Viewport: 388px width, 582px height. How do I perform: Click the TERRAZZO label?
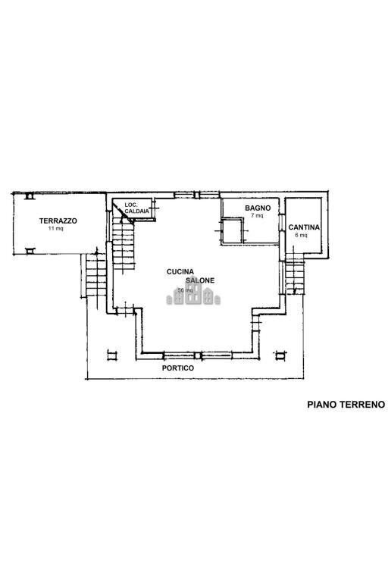coord(58,221)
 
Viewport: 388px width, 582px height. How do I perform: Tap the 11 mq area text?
coord(55,228)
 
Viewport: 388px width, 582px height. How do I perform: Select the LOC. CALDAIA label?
coord(136,208)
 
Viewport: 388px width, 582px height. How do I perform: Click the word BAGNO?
coord(258,208)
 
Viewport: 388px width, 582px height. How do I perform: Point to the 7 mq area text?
coord(257,216)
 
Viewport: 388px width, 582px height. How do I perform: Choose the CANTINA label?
coord(304,227)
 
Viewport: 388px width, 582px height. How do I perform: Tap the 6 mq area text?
coord(301,235)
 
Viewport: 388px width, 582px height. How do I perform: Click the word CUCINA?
coord(182,271)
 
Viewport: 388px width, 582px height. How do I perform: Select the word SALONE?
coord(200,280)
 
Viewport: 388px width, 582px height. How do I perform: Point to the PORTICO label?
coord(178,368)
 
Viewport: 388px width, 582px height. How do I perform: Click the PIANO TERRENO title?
coord(346,405)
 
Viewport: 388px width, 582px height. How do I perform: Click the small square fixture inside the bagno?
coord(231,230)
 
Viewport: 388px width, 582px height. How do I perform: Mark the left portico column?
coord(113,355)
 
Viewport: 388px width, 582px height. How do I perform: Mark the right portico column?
coord(281,355)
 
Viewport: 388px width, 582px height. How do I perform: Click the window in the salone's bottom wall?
coord(196,355)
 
